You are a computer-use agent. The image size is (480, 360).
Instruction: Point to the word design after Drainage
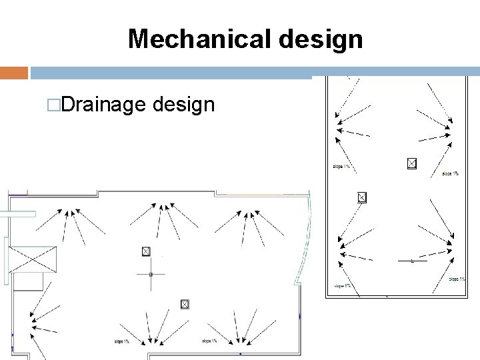point(183,104)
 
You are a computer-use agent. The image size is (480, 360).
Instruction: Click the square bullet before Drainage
point(51,105)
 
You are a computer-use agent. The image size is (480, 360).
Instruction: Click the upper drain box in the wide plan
point(146,251)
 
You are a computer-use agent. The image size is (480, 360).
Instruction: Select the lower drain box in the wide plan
point(185,305)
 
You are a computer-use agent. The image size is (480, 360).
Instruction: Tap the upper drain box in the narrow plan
point(411,163)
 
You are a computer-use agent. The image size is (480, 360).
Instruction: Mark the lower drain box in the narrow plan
point(362,197)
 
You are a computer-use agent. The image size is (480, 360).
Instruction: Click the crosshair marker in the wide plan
point(151,274)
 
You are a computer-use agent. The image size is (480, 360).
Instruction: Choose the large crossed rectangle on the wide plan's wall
point(31,259)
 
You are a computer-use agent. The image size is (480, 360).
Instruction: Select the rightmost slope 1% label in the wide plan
point(209,341)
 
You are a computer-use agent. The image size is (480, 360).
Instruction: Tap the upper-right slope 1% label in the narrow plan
point(450,174)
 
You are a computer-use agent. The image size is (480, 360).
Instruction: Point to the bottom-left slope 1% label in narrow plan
point(343,286)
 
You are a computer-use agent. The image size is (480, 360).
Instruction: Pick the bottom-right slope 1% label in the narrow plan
point(457,279)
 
